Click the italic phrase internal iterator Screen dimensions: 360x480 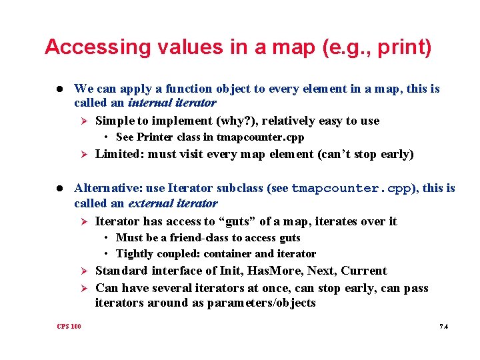[x=172, y=103]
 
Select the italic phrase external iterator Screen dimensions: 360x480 [x=173, y=203]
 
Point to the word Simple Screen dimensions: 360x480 [x=114, y=121]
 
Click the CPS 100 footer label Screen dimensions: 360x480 [x=69, y=326]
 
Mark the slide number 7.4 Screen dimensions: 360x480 [x=443, y=326]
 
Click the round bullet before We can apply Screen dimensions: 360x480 [x=59, y=89]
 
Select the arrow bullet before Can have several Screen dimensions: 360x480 [x=84, y=288]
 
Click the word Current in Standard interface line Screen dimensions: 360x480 [x=363, y=271]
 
